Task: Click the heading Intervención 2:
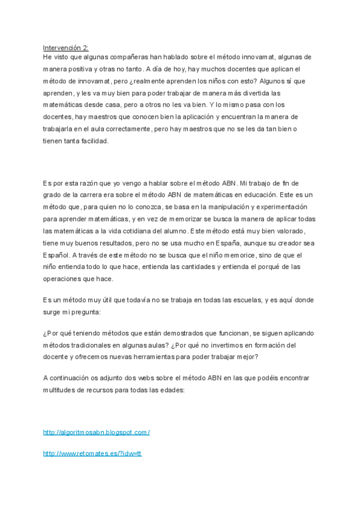click(x=65, y=47)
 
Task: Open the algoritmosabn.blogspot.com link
click(x=96, y=432)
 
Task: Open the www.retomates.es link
click(x=92, y=454)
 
